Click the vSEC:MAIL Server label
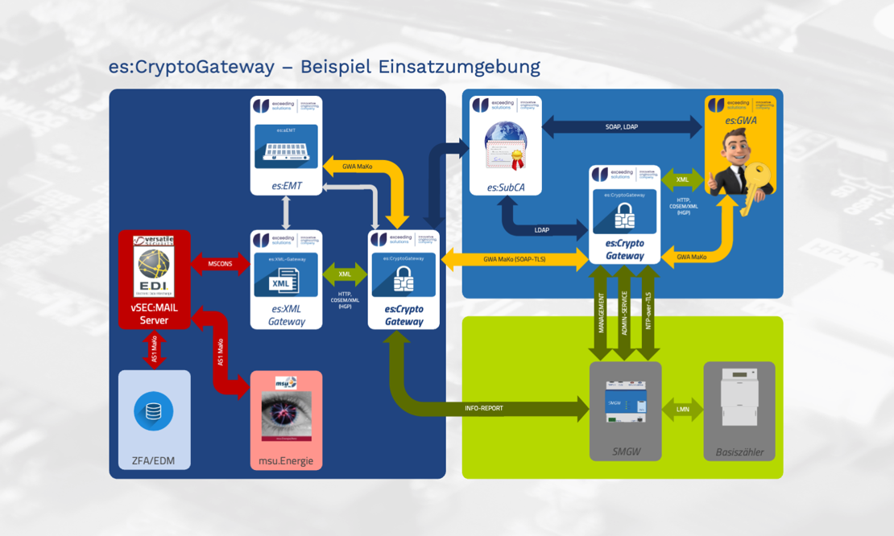click(154, 314)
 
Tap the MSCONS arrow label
click(220, 264)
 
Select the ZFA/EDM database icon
click(153, 411)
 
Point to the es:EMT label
click(286, 186)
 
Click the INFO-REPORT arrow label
click(484, 409)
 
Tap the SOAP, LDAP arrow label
click(622, 126)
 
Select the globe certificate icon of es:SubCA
click(506, 146)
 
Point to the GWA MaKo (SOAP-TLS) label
click(515, 259)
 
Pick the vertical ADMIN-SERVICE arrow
click(625, 313)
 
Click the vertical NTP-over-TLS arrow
click(648, 313)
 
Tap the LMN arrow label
click(682, 410)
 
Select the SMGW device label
click(626, 452)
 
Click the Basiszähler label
click(739, 452)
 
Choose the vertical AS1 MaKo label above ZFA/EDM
click(154, 351)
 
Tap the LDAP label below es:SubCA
click(542, 230)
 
